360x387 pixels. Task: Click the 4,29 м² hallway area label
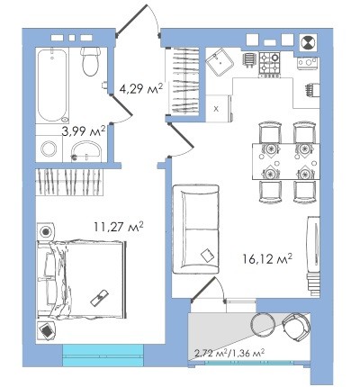140,88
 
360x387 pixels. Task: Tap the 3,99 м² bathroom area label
84,130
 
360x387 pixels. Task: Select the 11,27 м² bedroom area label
119,227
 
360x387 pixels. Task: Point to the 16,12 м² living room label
267,258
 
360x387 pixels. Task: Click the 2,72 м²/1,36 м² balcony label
229,353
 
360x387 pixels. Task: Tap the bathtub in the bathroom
52,85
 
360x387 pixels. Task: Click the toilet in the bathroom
90,61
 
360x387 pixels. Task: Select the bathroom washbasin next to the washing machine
86,151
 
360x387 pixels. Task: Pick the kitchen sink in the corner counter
220,62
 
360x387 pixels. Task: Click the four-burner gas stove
270,65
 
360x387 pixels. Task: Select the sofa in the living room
195,229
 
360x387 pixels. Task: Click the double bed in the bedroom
81,279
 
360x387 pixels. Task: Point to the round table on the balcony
263,325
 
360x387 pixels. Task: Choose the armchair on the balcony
296,326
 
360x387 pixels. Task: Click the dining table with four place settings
286,161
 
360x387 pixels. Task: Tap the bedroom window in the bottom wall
103,355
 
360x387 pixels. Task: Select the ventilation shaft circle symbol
309,42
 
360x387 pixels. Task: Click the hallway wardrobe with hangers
184,81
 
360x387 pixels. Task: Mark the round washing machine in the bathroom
49,148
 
